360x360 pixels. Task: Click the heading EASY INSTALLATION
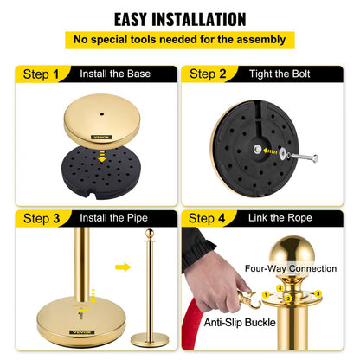[x=180, y=18]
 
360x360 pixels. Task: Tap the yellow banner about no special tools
[x=180, y=39]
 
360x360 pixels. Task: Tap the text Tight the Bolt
[x=282, y=75]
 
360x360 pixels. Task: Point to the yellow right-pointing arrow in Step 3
[x=123, y=267]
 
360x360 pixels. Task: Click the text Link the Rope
[x=282, y=218]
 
